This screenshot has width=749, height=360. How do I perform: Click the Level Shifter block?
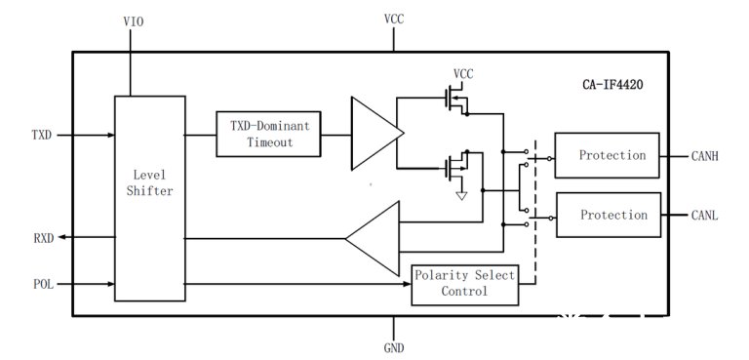click(150, 198)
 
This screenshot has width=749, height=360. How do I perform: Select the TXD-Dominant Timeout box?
click(268, 134)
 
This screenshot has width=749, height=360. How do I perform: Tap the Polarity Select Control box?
click(465, 285)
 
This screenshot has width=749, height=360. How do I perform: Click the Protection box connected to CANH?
click(608, 155)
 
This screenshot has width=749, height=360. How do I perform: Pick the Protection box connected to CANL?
click(609, 215)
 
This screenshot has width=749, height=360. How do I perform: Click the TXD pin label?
click(42, 136)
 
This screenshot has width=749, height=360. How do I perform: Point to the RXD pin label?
click(44, 238)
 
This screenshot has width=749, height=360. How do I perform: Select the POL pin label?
click(44, 284)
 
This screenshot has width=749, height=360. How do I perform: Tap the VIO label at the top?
click(134, 22)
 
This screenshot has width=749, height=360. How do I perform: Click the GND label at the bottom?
click(394, 347)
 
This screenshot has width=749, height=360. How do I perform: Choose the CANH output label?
click(704, 156)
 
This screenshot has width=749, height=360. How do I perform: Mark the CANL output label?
click(704, 216)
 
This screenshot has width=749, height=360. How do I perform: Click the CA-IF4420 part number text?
click(612, 85)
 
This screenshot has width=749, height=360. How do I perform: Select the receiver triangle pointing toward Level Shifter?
click(373, 239)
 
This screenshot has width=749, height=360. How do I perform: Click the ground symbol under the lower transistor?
click(461, 195)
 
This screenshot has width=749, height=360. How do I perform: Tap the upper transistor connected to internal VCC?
click(456, 100)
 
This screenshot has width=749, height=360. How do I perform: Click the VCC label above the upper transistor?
click(463, 74)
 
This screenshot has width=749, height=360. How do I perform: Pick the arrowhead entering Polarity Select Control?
click(407, 284)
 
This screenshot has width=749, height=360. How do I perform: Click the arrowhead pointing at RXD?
click(62, 238)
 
